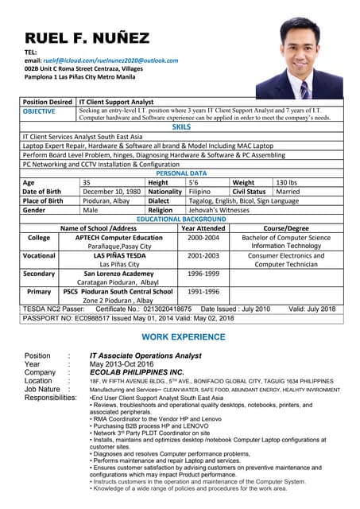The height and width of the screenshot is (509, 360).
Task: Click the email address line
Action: click(99, 60)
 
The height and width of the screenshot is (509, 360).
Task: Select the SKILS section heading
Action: click(181, 126)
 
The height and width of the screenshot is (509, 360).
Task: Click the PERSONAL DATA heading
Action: click(181, 173)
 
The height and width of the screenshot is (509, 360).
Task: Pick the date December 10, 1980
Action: click(111, 191)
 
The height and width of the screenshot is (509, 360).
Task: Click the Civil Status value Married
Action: click(288, 191)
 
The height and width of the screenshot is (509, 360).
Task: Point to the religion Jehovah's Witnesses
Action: click(219, 210)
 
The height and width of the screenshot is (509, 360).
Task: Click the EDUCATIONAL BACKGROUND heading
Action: click(181, 219)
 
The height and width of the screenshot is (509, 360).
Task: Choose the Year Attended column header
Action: click(203, 228)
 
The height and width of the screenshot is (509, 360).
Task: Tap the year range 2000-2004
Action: click(203, 237)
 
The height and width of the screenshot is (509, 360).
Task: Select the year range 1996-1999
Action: click(203, 273)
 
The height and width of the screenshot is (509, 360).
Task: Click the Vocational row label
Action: click(39, 255)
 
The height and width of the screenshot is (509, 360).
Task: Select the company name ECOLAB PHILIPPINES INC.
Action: click(137, 372)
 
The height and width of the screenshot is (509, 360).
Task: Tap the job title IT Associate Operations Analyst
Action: click(145, 356)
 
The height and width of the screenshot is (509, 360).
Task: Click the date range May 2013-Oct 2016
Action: click(122, 363)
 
